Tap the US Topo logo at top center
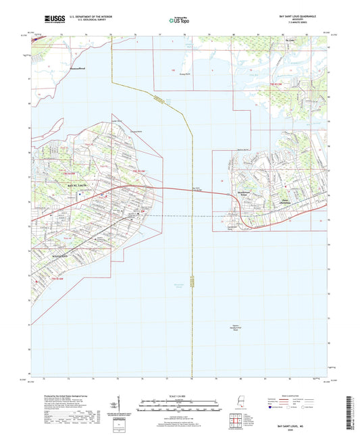pos(180,20)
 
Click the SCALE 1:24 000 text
pos(180,396)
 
